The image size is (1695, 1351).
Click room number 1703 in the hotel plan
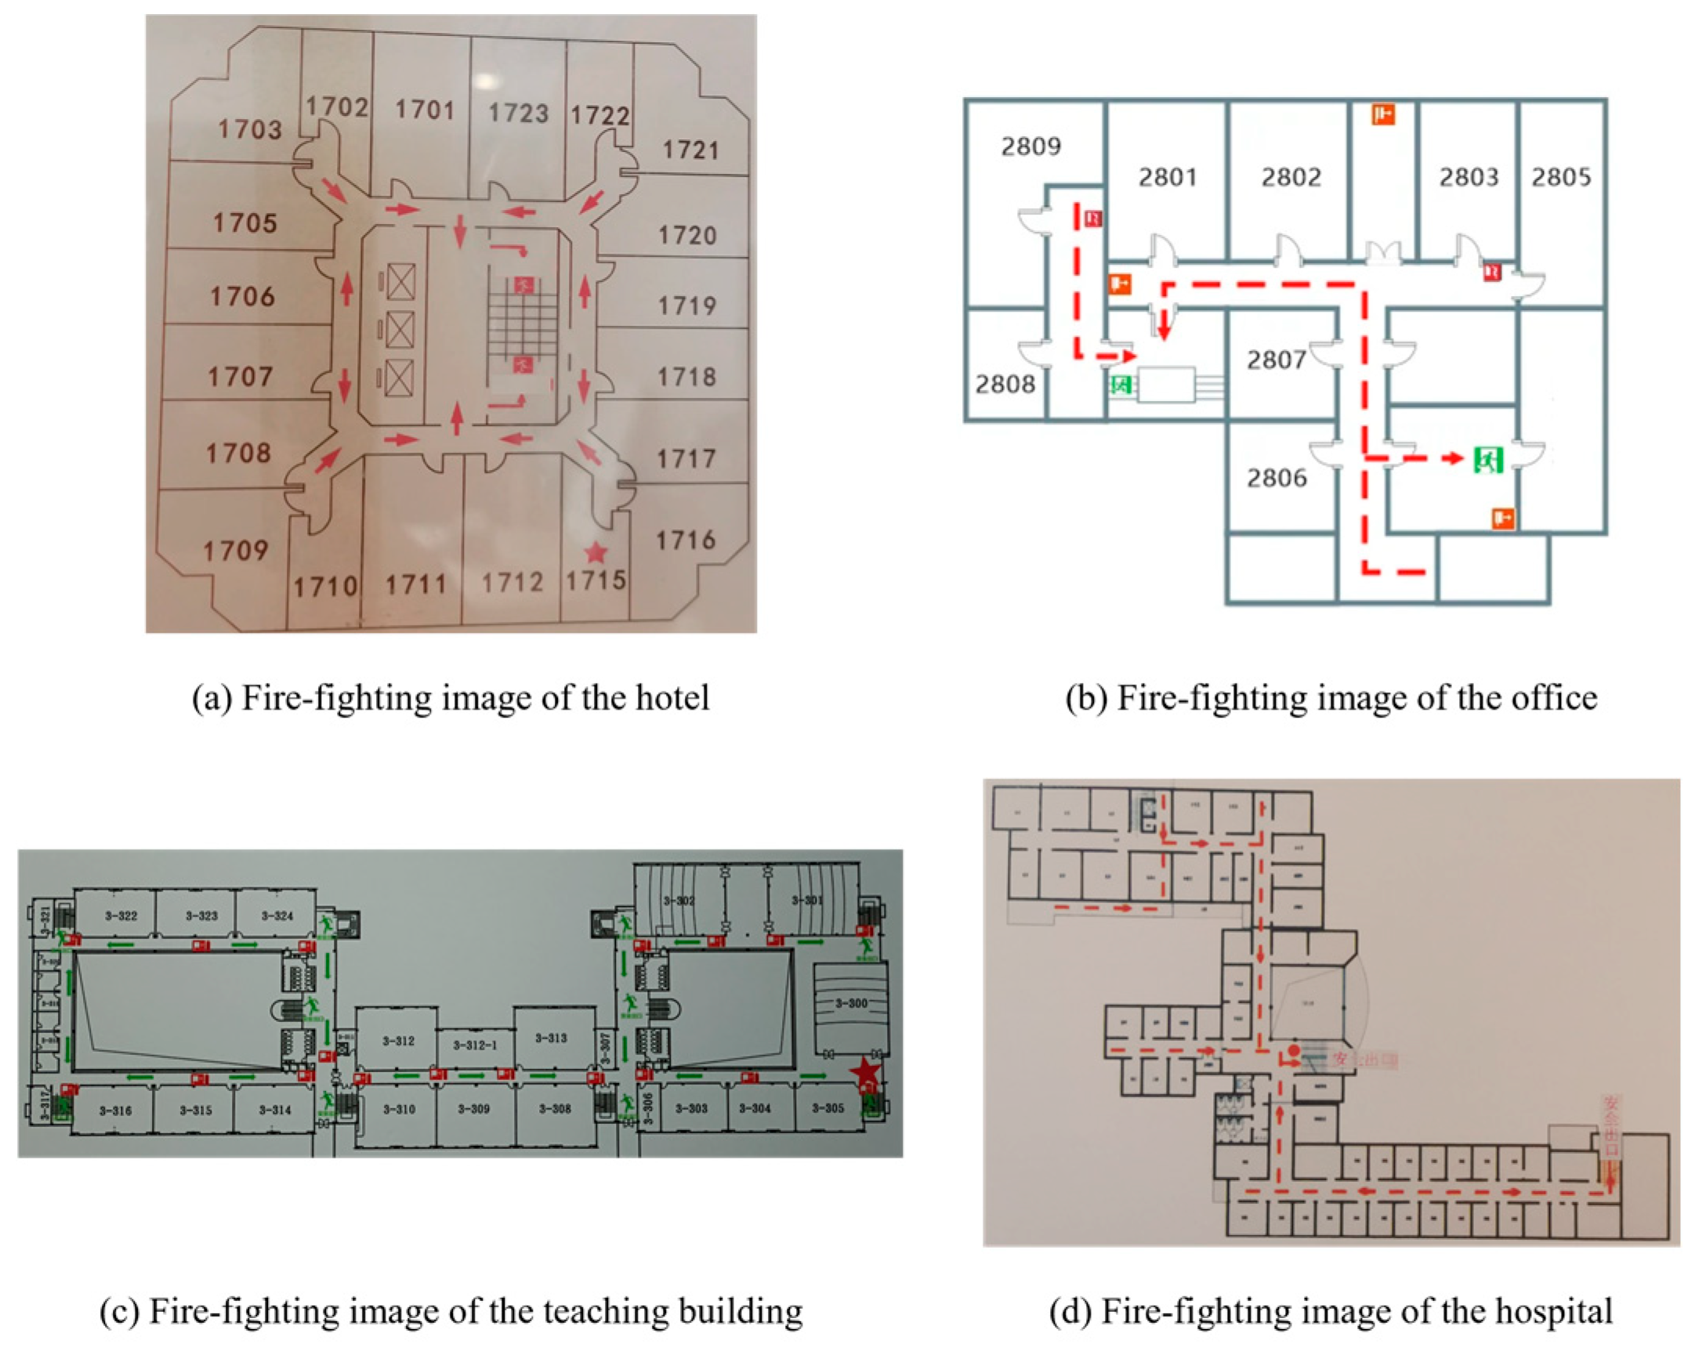pyautogui.click(x=250, y=129)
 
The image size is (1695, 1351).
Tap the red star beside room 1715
pyautogui.click(x=596, y=552)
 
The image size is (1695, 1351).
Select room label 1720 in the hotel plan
pyautogui.click(x=688, y=235)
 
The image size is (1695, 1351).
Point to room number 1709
pyautogui.click(x=236, y=550)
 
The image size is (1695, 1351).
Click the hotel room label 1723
pyautogui.click(x=518, y=114)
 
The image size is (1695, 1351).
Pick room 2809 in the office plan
pyautogui.click(x=1030, y=146)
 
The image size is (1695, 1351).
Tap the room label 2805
pyautogui.click(x=1561, y=177)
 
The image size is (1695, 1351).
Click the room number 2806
pyautogui.click(x=1277, y=478)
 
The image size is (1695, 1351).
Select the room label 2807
pyautogui.click(x=1277, y=360)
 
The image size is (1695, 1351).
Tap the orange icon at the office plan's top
pyautogui.click(x=1384, y=115)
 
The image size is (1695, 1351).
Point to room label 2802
pyautogui.click(x=1291, y=177)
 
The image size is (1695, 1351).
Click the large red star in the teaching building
pyautogui.click(x=866, y=1071)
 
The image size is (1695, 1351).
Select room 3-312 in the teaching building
pyautogui.click(x=398, y=1041)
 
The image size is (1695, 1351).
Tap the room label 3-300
pyautogui.click(x=852, y=1003)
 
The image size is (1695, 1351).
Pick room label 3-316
pyautogui.click(x=115, y=1111)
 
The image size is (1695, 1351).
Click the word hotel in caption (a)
pyautogui.click(x=672, y=698)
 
